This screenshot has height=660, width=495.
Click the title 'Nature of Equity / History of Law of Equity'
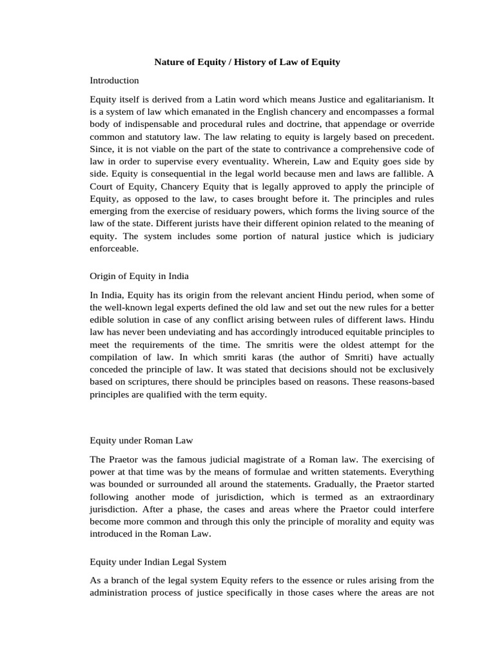247,63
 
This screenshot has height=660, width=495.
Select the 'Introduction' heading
114,81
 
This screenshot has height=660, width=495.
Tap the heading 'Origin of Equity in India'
139,276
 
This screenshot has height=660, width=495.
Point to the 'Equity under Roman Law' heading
141,440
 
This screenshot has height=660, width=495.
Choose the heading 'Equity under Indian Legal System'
158,561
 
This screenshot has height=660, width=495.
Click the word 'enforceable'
113,248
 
